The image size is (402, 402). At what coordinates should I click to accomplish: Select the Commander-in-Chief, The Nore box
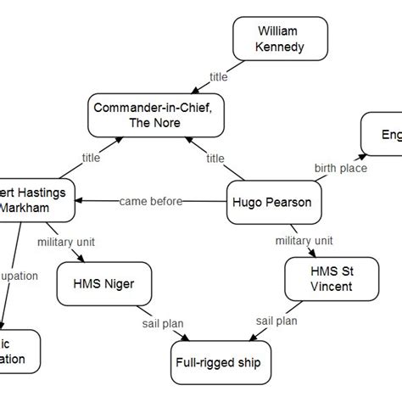pos(149,115)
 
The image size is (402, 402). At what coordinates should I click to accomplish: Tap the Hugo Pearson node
pos(267,203)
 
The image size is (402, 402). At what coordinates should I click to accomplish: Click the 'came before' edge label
pos(148,202)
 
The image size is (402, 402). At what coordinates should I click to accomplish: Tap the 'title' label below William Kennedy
pos(218,76)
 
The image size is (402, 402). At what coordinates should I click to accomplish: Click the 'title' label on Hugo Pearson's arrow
pos(215,158)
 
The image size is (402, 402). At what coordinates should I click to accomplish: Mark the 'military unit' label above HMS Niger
pos(68,243)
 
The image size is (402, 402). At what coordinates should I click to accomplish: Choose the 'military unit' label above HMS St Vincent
pos(304,242)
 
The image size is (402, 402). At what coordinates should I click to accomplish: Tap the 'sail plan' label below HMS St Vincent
pos(276,321)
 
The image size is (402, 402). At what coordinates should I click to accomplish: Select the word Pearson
pos(288,203)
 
